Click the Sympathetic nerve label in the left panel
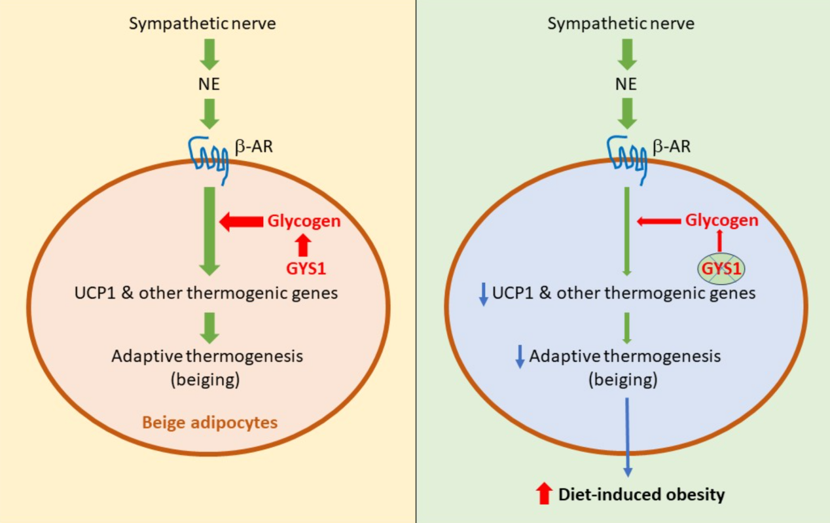[202, 24]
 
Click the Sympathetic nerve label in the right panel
[621, 24]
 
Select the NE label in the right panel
[627, 84]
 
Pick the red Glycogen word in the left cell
[304, 221]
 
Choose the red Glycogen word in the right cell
[721, 221]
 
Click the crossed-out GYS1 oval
[720, 268]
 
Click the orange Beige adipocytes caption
[208, 422]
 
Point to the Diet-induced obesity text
[641, 494]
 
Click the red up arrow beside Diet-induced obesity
[544, 494]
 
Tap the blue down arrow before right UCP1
[483, 294]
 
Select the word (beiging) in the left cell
[207, 379]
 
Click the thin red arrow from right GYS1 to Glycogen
[720, 241]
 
